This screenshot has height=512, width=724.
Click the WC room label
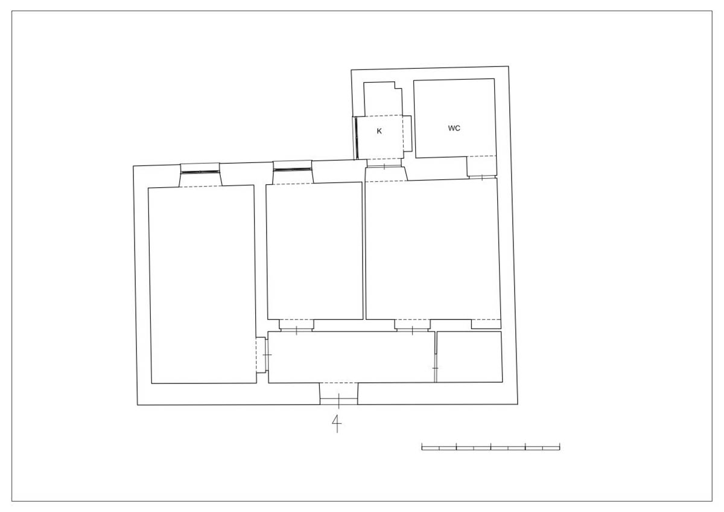(454, 128)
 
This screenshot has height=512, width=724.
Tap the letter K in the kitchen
(379, 131)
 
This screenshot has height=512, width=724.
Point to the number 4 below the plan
(337, 423)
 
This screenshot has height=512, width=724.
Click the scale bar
(491, 447)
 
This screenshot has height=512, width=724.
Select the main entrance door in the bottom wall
(338, 401)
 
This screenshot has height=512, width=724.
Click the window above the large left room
(200, 171)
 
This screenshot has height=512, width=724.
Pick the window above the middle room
(293, 169)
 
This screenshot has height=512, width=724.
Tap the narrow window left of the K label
(356, 138)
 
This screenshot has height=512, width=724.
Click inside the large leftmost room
(202, 284)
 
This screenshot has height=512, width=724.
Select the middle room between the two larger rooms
(314, 251)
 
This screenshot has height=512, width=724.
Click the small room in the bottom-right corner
(469, 357)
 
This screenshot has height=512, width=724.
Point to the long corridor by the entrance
(352, 357)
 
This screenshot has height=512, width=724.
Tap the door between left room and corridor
(267, 355)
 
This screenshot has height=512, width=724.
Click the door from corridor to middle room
(296, 330)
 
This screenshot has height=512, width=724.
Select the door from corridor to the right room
(413, 330)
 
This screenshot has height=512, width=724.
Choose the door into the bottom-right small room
(436, 368)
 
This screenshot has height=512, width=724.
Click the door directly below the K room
(384, 167)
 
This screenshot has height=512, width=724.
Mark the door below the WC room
(482, 178)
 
